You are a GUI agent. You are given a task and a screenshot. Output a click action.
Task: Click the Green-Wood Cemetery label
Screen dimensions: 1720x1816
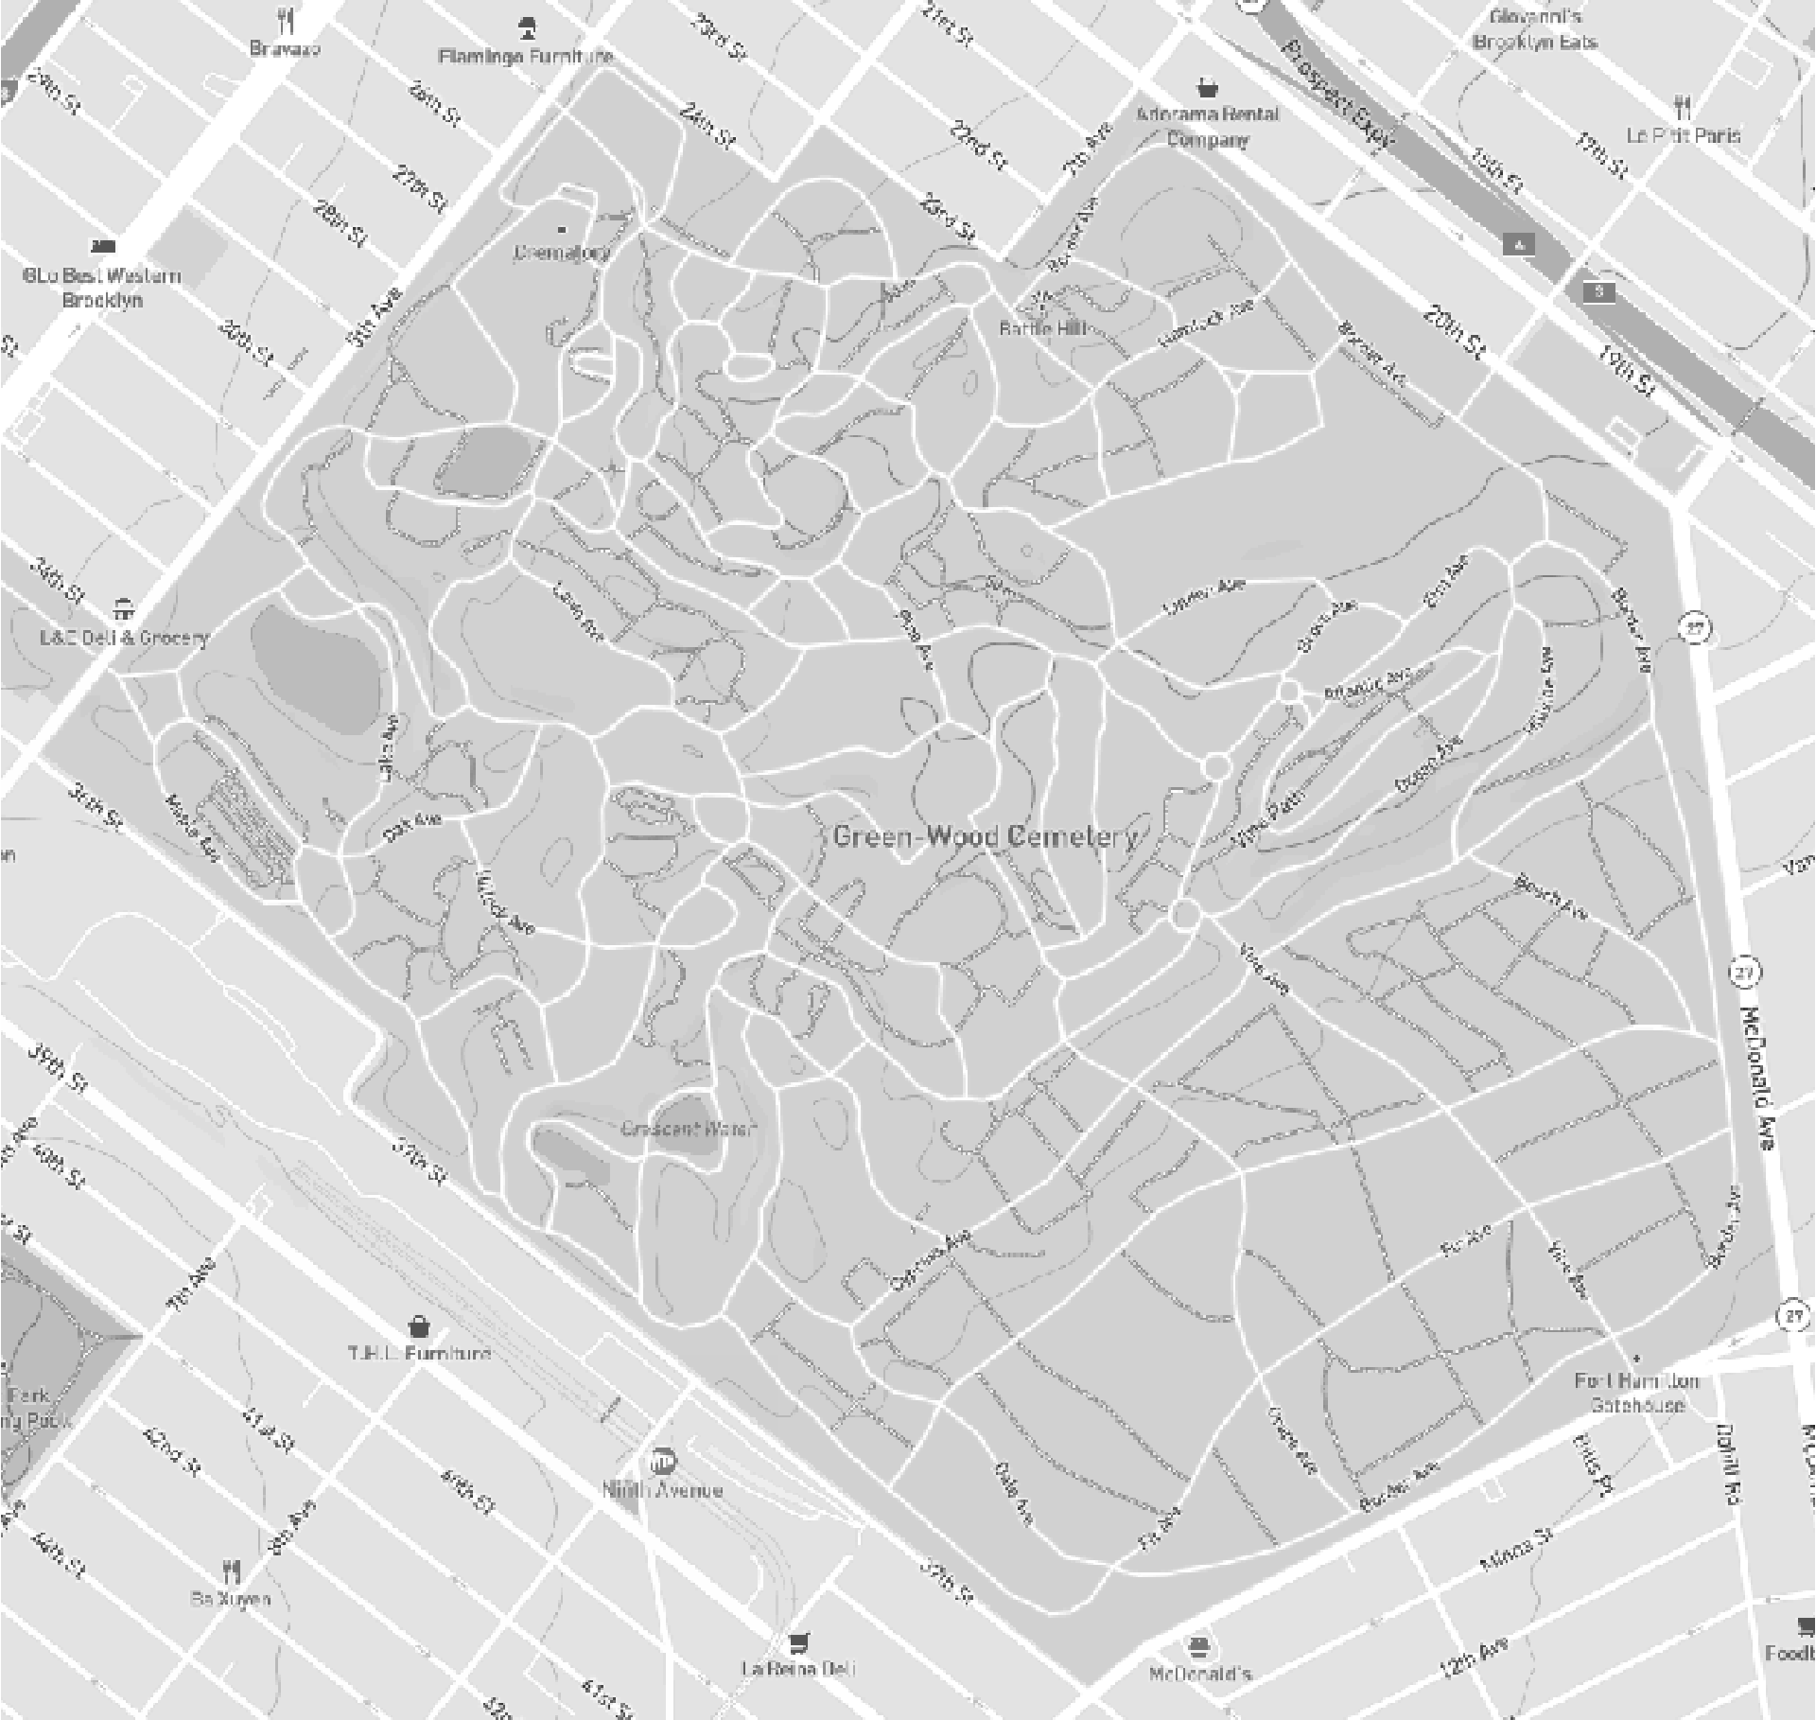986,837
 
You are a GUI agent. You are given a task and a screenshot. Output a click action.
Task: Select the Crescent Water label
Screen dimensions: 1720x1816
690,1129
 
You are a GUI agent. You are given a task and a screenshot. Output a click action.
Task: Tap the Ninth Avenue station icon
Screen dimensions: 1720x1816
665,1460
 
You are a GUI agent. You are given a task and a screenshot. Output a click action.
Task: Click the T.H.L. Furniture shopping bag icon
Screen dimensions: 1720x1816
419,1325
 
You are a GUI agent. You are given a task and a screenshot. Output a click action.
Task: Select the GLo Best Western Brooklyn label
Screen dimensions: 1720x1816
102,288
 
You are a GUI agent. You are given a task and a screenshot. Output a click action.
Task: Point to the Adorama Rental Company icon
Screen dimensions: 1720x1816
1206,88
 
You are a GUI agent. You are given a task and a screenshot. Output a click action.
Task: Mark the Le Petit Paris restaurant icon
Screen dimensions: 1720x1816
1682,106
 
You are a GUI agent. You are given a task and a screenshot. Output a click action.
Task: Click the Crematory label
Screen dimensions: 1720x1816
562,253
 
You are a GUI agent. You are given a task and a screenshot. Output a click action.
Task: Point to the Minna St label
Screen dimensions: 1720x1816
1516,1553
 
